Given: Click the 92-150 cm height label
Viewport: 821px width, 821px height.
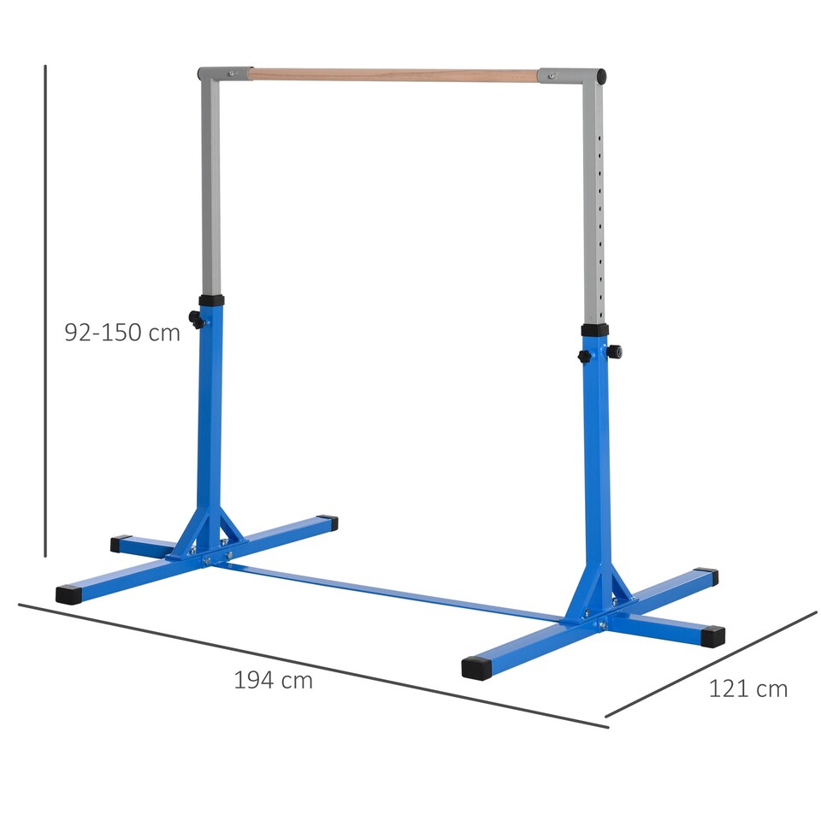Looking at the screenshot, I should coord(122,333).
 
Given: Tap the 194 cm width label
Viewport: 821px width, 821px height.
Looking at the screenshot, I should coord(273,681).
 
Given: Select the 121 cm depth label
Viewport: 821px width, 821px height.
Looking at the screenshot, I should coord(747,688).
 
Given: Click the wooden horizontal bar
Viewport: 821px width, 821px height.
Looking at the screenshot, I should coord(393,75).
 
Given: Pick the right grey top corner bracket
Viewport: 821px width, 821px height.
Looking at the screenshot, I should coord(575,76).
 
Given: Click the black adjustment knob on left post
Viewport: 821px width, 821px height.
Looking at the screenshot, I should coord(197,320).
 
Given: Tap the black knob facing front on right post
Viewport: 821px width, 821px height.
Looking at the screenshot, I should coord(586,356).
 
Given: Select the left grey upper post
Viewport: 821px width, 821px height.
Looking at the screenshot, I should coord(210,188).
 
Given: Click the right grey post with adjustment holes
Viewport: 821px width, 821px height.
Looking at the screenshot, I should coord(594,205).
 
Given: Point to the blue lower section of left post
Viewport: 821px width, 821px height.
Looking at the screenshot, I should coord(210,410).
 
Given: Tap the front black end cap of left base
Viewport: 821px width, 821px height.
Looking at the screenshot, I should coord(68,594).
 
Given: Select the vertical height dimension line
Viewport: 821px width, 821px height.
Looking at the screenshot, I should coord(45,308).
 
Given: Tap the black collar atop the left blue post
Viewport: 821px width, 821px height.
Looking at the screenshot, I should coord(211,301).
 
